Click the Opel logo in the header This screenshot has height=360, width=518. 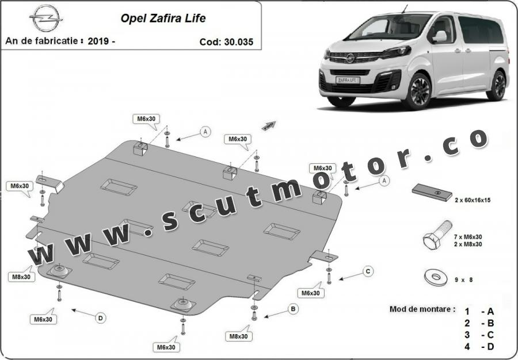point(46,18)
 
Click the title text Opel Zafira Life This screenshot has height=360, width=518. point(163,18)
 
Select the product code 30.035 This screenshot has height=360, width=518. point(238,42)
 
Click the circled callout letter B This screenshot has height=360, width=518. point(293,309)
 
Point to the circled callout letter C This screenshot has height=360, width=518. point(368,271)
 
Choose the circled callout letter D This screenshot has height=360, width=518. point(100,318)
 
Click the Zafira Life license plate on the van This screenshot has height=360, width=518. point(348,80)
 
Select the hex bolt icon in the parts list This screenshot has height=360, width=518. point(437,235)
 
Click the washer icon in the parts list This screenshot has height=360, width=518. point(436,277)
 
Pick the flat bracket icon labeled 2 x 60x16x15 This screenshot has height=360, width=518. point(432,193)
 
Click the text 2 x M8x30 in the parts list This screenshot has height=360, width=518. point(468,244)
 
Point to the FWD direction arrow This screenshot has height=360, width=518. point(269,126)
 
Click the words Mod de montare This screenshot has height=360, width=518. point(422,309)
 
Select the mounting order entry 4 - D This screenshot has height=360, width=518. point(479,347)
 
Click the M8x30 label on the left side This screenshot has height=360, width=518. point(21,277)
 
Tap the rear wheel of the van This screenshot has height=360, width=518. point(497,85)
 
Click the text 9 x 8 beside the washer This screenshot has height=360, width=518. point(463,280)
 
